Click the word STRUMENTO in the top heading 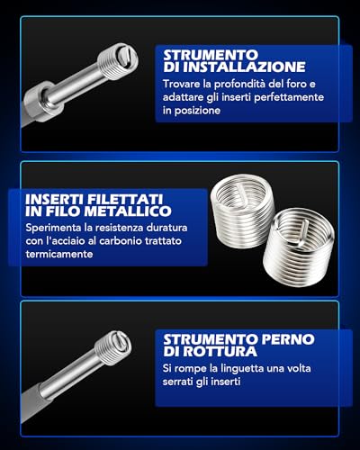(x=211, y=55)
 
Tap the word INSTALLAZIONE (x=244, y=67)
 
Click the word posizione (x=197, y=111)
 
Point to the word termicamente (x=59, y=255)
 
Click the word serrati (x=178, y=382)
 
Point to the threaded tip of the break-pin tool (x=113, y=346)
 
